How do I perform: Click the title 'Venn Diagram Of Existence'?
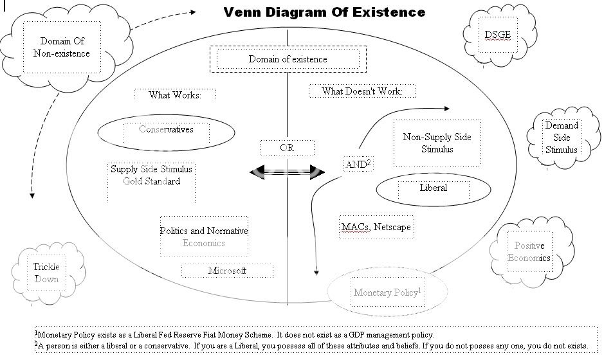(x=324, y=12)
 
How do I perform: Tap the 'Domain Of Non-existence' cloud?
(x=62, y=47)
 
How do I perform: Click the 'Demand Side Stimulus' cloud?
(x=562, y=138)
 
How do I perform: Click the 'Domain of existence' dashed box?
(x=288, y=59)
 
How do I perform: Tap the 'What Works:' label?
(x=174, y=95)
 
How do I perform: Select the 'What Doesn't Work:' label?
(x=361, y=91)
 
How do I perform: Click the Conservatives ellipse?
(x=166, y=130)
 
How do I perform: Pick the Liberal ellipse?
(x=433, y=188)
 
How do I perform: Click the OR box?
(x=287, y=148)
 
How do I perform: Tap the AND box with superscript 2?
(x=358, y=165)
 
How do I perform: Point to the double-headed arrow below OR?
(x=287, y=171)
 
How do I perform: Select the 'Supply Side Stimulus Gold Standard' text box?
(x=151, y=175)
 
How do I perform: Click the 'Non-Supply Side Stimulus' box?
(x=437, y=143)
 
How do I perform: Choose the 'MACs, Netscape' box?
(x=375, y=227)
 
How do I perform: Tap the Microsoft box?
(x=227, y=271)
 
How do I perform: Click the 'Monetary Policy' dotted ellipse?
(x=387, y=292)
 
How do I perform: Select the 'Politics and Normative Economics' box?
(x=204, y=237)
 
